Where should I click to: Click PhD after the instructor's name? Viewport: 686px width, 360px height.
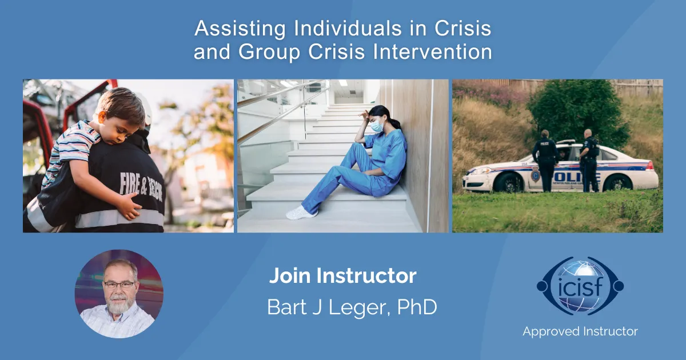coord(416,308)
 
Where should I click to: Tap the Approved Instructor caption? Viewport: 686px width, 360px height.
coord(580,331)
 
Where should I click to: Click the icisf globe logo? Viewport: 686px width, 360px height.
coord(580,286)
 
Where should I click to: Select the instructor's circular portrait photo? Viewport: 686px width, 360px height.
coord(119,294)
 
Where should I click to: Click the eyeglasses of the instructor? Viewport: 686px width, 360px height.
coord(119,284)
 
